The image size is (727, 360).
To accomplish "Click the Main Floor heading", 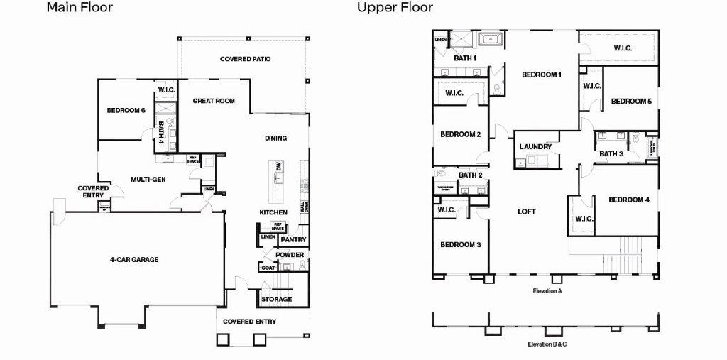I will (80, 9).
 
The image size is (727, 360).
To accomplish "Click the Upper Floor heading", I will (395, 9).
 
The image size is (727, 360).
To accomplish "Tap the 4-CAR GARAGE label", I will (134, 260).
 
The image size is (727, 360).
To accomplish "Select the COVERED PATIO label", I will (245, 59).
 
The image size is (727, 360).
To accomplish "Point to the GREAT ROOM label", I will (214, 101).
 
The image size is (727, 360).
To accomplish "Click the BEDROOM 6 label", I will (126, 110).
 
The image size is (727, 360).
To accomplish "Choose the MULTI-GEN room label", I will (148, 180).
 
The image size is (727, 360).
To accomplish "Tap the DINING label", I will (275, 138).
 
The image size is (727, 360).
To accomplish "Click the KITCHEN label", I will (273, 212).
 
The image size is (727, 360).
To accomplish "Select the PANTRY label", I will (293, 240).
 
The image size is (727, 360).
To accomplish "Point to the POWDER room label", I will (290, 255).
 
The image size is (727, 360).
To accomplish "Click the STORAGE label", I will (276, 299).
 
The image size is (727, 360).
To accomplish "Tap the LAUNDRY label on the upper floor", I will (535, 147).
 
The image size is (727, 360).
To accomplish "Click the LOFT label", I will (526, 212).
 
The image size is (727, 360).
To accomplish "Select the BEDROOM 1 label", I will (542, 75).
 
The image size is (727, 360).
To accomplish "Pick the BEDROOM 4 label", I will (629, 200).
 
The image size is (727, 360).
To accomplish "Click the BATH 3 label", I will (611, 153).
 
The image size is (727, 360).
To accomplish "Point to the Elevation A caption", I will (547, 291).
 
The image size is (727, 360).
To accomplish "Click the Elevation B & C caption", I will (547, 344).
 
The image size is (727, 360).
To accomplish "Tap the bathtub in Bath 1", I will (490, 38).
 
